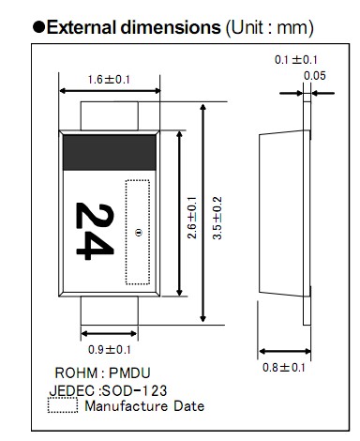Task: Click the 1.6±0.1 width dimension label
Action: (109, 80)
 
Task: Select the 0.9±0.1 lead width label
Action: (110, 349)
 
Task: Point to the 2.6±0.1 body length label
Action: (192, 218)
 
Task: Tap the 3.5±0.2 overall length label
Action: (217, 218)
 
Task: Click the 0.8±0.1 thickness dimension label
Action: (283, 368)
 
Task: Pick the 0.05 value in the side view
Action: (315, 76)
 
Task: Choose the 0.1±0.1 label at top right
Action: (296, 60)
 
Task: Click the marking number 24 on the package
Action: (95, 231)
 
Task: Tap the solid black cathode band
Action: (110, 153)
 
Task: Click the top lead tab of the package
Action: (110, 115)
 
